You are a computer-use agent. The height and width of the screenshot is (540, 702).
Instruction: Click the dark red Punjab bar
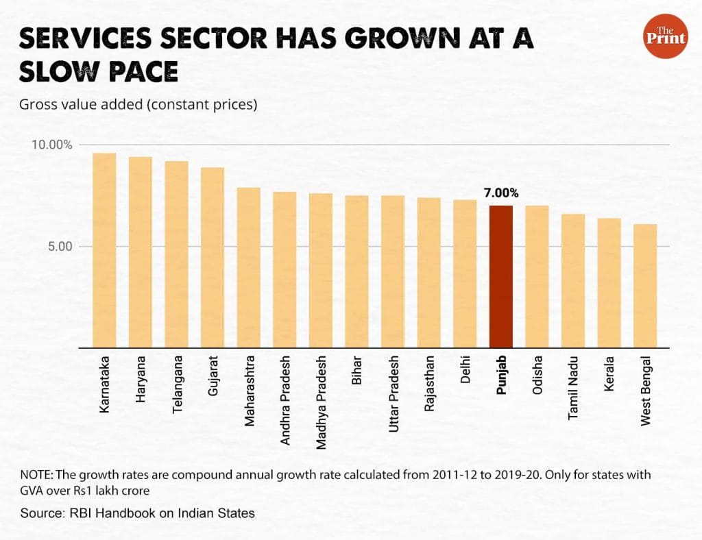point(500,277)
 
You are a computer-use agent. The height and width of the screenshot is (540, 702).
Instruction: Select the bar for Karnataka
point(104,250)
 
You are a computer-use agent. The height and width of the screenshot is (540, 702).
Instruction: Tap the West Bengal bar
point(645,286)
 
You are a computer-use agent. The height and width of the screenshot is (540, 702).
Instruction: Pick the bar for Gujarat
point(213,258)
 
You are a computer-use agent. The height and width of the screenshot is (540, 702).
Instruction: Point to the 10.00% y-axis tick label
point(51,145)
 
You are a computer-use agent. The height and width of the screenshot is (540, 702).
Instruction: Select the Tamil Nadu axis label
point(573,386)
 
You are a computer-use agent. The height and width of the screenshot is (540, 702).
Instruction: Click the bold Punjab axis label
point(501,376)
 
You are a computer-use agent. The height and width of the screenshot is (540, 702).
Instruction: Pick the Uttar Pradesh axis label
point(393,393)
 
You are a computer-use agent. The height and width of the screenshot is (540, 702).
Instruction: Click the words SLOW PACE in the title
point(99,72)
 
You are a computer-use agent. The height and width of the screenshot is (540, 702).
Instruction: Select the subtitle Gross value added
point(137,105)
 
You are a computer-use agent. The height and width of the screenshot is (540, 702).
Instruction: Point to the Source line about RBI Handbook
point(137,513)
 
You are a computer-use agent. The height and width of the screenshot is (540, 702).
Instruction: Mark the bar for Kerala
point(609,283)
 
